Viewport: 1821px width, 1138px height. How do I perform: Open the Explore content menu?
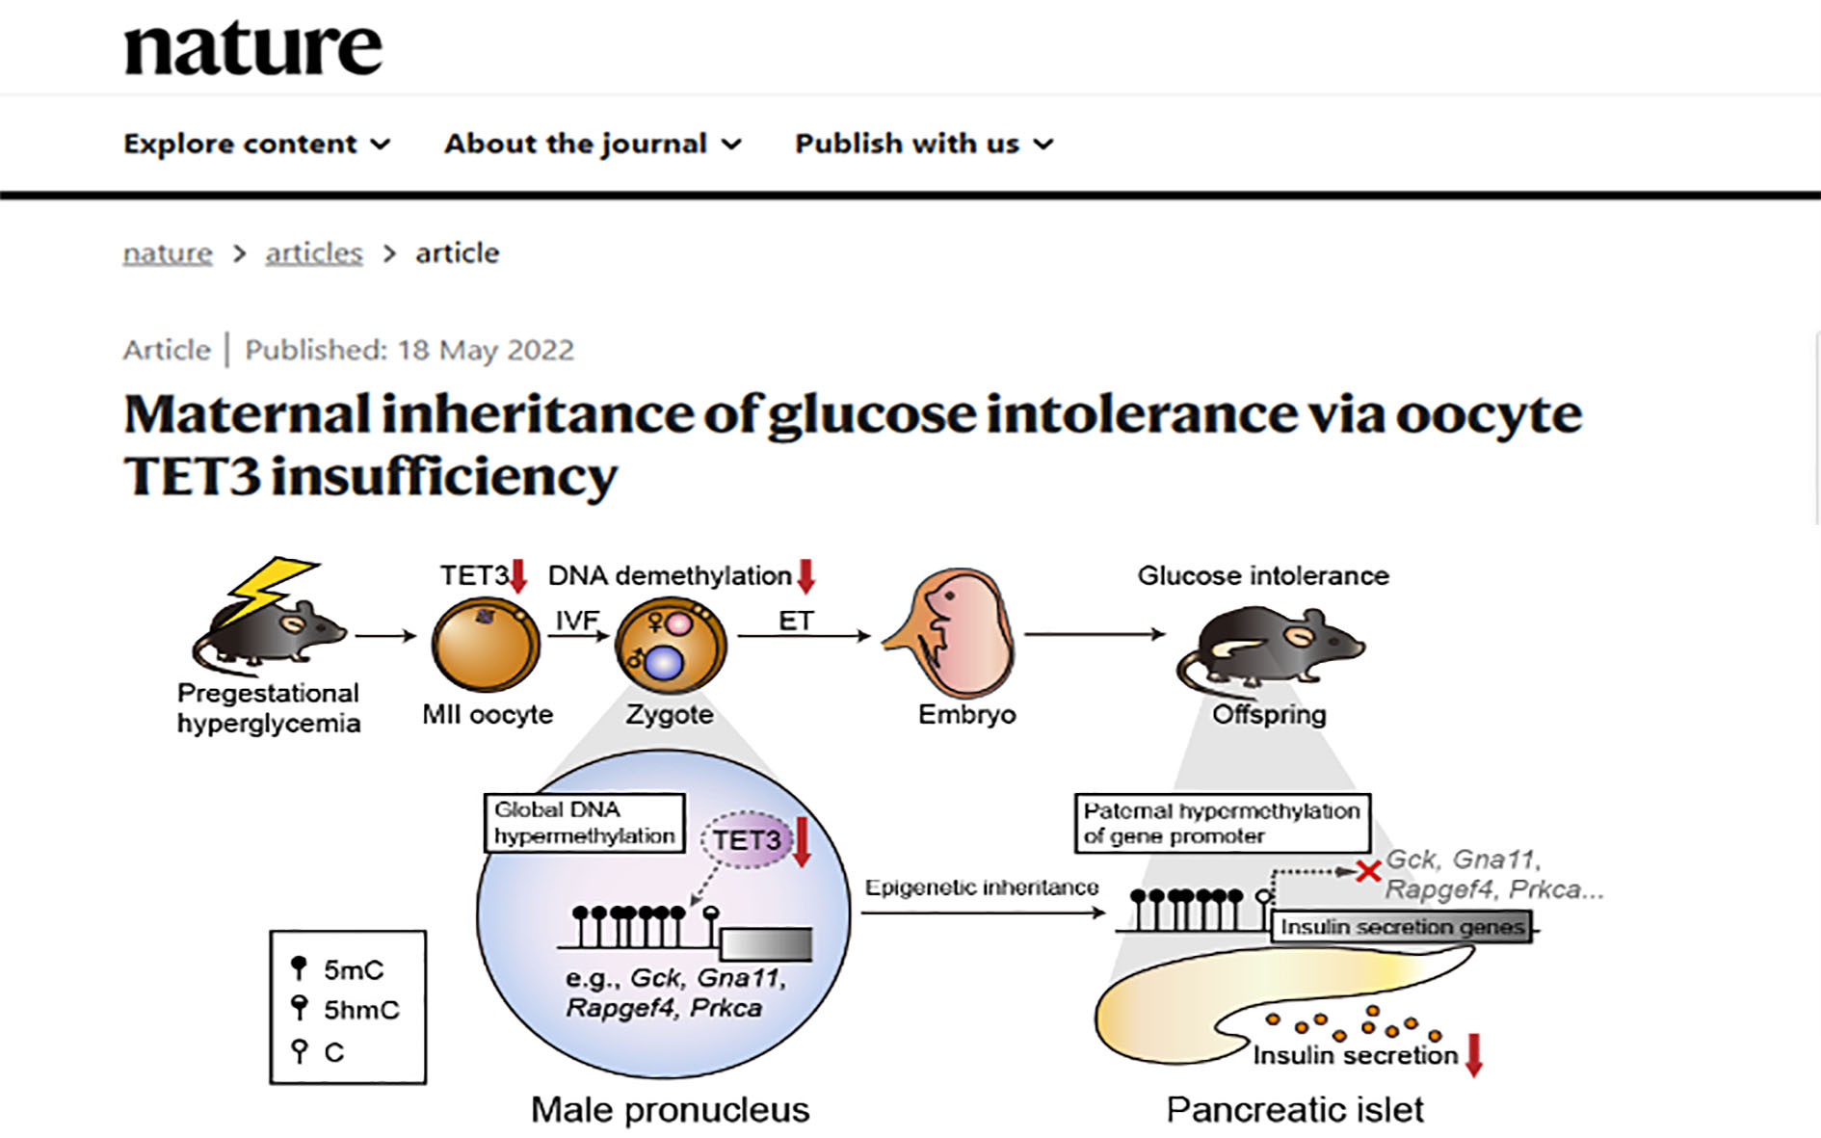(256, 144)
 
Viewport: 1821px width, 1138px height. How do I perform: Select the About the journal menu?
(593, 144)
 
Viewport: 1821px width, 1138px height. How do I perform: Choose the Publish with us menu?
(924, 144)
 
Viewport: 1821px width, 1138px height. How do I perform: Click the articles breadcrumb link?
(314, 252)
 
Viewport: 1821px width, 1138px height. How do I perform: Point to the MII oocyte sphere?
(486, 646)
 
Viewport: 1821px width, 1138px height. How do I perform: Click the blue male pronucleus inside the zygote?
(663, 663)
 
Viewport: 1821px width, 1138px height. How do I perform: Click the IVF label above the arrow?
(577, 620)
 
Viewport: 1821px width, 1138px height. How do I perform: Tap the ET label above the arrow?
(796, 621)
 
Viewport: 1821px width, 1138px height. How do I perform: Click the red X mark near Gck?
(1368, 871)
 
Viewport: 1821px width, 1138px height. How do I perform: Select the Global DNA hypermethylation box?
(585, 823)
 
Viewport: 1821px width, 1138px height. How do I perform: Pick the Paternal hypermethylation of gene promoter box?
(1223, 823)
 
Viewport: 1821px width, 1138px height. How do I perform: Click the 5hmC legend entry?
(345, 1009)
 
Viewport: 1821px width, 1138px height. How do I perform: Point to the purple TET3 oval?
(747, 840)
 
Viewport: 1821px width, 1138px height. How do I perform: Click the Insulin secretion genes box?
(1402, 927)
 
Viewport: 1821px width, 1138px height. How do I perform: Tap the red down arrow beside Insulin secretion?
(1473, 1054)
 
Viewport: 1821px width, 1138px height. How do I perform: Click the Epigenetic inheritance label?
(982, 887)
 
